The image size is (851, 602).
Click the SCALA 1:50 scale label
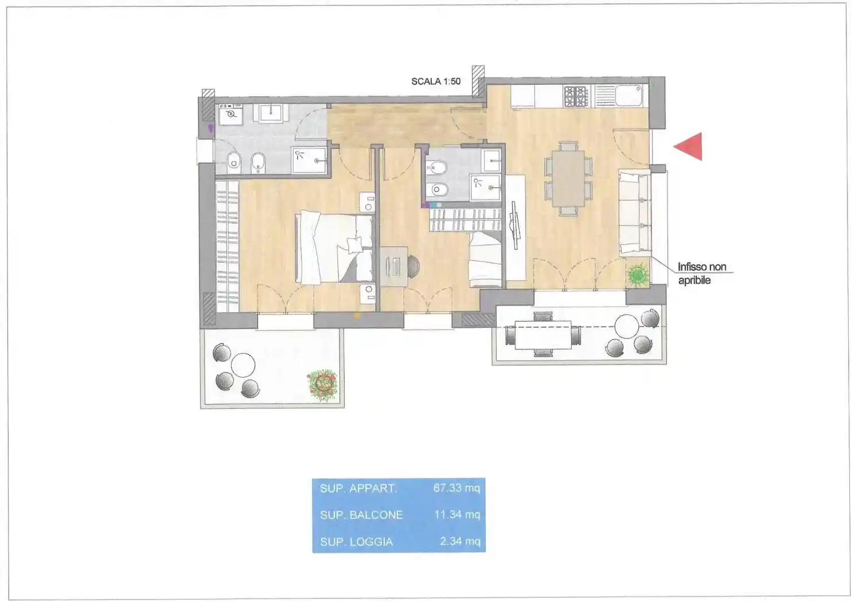pyautogui.click(x=436, y=81)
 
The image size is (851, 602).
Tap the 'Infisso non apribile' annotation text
pyautogui.click(x=702, y=273)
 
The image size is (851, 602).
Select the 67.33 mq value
pyautogui.click(x=456, y=488)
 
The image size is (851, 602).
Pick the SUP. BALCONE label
pyautogui.click(x=361, y=515)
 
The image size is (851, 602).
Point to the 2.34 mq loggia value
pyautogui.click(x=460, y=541)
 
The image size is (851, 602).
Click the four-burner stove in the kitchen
pyautogui.click(x=576, y=96)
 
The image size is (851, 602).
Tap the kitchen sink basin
pyautogui.click(x=629, y=95)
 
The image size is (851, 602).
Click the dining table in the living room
pyautogui.click(x=568, y=178)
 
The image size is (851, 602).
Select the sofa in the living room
pyautogui.click(x=634, y=212)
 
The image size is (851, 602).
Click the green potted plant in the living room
pyautogui.click(x=638, y=273)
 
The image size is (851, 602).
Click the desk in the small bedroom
pyautogui.click(x=393, y=266)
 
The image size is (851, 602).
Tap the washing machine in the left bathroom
pyautogui.click(x=231, y=114)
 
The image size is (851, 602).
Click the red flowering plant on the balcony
pyautogui.click(x=322, y=385)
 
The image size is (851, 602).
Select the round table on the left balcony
pyautogui.click(x=243, y=365)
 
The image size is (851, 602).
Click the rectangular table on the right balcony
pyautogui.click(x=543, y=335)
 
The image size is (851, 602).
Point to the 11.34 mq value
pyautogui.click(x=457, y=514)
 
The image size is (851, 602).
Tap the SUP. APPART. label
pyautogui.click(x=358, y=488)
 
